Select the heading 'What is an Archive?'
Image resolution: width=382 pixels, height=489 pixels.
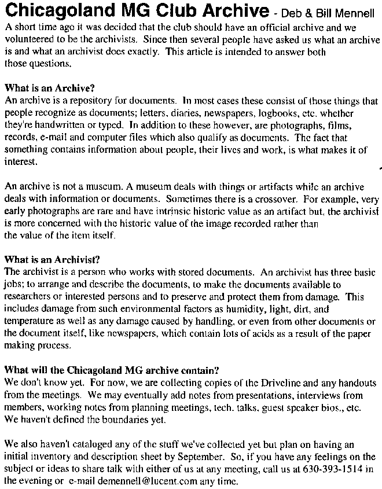coord(49,89)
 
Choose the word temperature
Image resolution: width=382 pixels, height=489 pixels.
coord(29,322)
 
